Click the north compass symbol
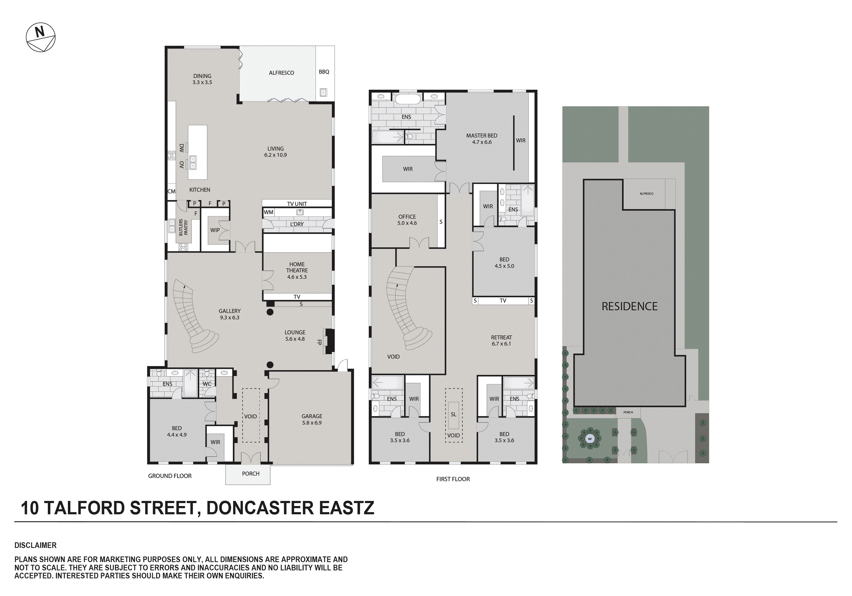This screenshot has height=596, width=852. click(x=40, y=37)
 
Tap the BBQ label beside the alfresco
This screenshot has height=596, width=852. click(x=324, y=72)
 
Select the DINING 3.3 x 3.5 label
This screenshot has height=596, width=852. click(x=202, y=79)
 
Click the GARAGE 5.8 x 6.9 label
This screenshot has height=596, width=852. click(x=312, y=419)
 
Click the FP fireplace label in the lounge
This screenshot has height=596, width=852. click(x=319, y=342)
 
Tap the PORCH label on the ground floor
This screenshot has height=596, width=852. click(x=251, y=473)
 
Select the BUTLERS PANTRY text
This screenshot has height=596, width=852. click(x=183, y=227)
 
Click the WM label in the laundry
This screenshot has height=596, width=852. click(x=268, y=212)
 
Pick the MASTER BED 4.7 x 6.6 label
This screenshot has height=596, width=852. click(x=482, y=139)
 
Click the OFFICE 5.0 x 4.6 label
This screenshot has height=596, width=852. click(x=407, y=219)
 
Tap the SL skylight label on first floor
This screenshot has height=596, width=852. click(x=454, y=414)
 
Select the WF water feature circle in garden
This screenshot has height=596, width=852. click(x=590, y=439)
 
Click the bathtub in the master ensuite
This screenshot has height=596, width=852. click(x=408, y=99)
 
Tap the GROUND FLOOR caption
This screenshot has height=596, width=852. click(x=170, y=476)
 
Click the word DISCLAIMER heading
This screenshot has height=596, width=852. click(x=35, y=545)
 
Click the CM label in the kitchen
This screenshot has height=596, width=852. click(x=171, y=191)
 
